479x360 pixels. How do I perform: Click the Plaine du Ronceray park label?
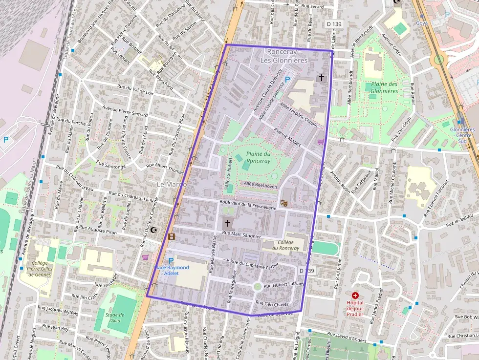point(258,157)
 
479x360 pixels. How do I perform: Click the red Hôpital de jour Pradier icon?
point(355,296)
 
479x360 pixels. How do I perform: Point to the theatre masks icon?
point(284,202)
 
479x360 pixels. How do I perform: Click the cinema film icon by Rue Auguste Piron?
point(172,237)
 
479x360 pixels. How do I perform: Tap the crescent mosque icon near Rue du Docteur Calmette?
point(154,230)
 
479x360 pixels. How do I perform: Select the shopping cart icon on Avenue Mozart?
point(321,142)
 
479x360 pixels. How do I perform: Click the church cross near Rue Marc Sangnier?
point(227,223)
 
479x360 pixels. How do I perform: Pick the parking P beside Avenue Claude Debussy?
point(287,79)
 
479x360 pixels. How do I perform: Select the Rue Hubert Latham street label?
point(283,285)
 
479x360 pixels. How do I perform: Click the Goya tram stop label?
point(421,23)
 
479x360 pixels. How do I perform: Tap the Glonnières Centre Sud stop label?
point(462,135)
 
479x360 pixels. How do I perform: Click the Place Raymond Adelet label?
point(172,270)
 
